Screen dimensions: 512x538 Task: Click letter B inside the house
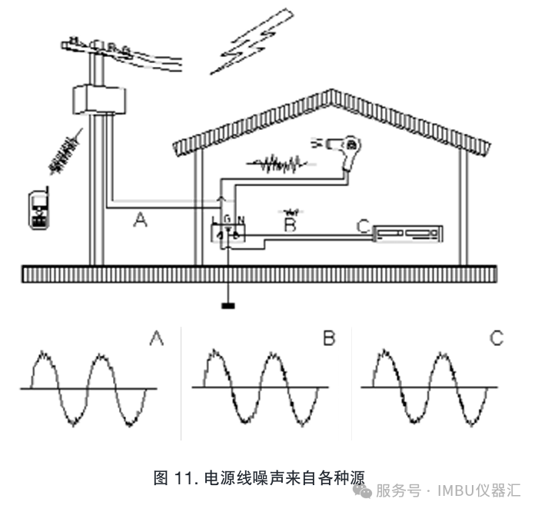289,225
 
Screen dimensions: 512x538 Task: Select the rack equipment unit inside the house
410,231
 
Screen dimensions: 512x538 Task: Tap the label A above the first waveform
157,337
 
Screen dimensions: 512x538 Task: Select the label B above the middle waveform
328,337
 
